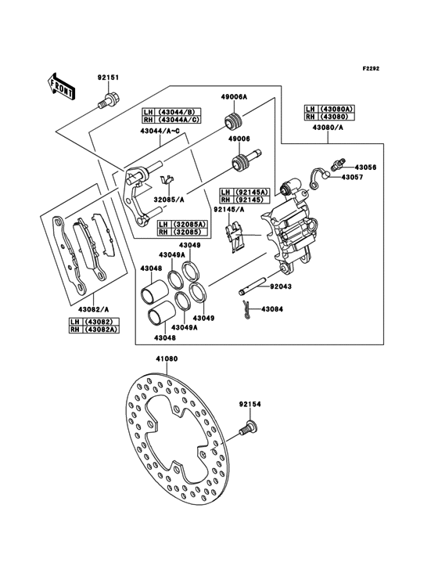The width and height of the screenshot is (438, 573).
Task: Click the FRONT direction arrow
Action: pyautogui.click(x=61, y=87)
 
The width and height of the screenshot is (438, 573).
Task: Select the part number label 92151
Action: pyautogui.click(x=108, y=77)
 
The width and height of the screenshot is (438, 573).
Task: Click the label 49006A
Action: pyautogui.click(x=234, y=97)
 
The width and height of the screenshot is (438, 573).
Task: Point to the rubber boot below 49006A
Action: pyautogui.click(x=234, y=122)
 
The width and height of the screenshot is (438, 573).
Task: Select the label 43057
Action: pyautogui.click(x=353, y=177)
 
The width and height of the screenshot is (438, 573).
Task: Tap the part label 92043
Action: pyautogui.click(x=281, y=286)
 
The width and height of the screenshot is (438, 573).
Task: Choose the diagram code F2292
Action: pyautogui.click(x=371, y=68)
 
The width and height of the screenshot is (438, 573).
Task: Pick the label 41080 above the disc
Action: pyautogui.click(x=167, y=359)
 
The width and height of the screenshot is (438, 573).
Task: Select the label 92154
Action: pyautogui.click(x=250, y=405)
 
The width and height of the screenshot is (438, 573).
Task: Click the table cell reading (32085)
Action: pyautogui.click(x=187, y=232)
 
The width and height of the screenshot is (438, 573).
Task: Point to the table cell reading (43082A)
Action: pyautogui.click(x=102, y=329)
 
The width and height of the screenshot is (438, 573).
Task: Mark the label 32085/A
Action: pyautogui.click(x=169, y=200)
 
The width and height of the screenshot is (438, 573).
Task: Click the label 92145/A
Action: pyautogui.click(x=229, y=209)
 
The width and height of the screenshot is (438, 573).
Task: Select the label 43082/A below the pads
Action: pyautogui.click(x=93, y=309)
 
